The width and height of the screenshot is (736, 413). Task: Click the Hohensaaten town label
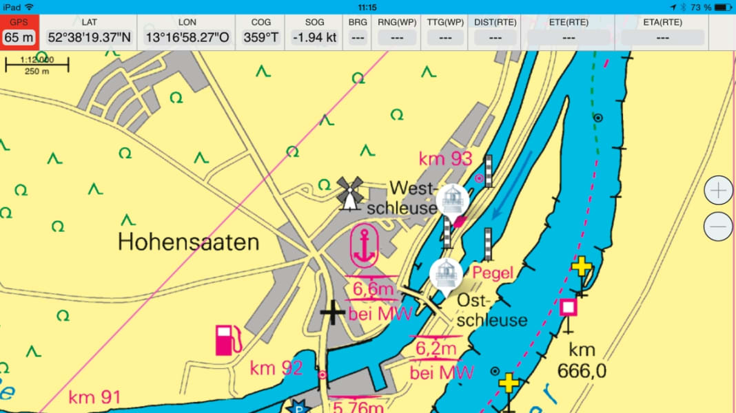coord(188,242)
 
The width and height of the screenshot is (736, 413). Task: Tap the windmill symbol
coord(349,192)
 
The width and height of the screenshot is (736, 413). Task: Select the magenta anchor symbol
coord(363,246)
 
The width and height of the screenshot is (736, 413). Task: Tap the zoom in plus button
coord(719,190)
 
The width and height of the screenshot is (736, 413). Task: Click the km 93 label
coord(445,159)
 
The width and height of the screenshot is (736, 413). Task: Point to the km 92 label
coord(276,368)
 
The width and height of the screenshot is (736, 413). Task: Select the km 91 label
coord(94,397)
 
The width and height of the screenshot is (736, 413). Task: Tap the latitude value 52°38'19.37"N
coord(89,37)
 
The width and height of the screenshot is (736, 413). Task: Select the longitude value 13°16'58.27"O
coord(187,37)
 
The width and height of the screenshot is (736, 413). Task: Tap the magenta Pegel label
coord(493,273)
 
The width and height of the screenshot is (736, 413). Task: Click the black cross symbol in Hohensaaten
coord(333,313)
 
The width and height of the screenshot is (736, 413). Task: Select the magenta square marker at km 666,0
coord(569,307)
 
